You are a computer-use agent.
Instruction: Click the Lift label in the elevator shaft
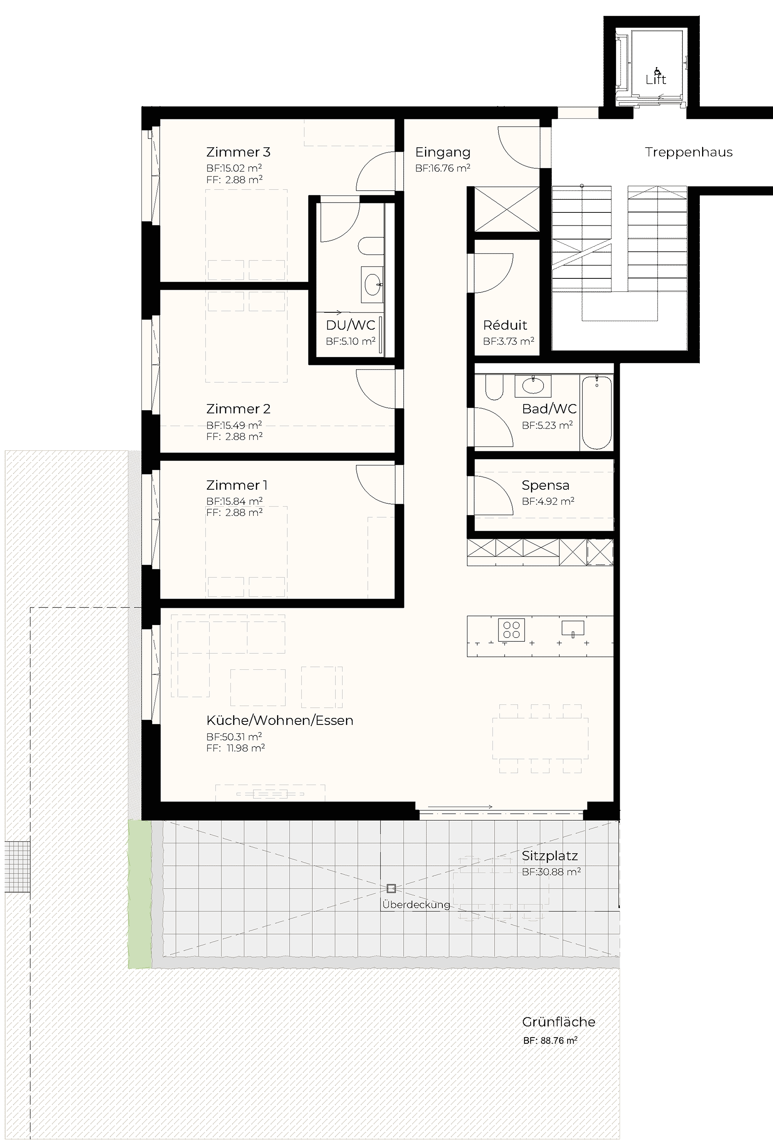656,79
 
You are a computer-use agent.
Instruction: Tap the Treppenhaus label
688,152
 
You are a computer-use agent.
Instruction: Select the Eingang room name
443,152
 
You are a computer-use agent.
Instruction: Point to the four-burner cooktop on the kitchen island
512,630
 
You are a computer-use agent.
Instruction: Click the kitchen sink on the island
573,628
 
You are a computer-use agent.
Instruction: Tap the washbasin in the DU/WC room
372,284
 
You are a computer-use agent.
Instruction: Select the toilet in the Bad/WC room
494,387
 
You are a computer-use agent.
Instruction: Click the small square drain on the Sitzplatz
391,889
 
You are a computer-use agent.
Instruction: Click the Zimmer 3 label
238,152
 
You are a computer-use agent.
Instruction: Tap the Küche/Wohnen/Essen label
279,720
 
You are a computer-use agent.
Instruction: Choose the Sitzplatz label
550,856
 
